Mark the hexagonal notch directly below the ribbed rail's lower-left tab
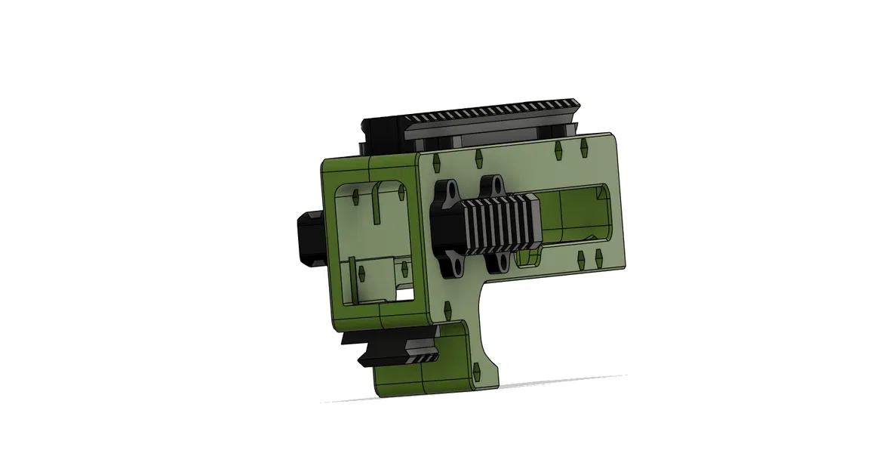[x=447, y=309]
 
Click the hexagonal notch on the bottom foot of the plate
[x=476, y=370]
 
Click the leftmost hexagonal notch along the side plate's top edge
[x=436, y=161]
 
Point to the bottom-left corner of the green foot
[x=380, y=393]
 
